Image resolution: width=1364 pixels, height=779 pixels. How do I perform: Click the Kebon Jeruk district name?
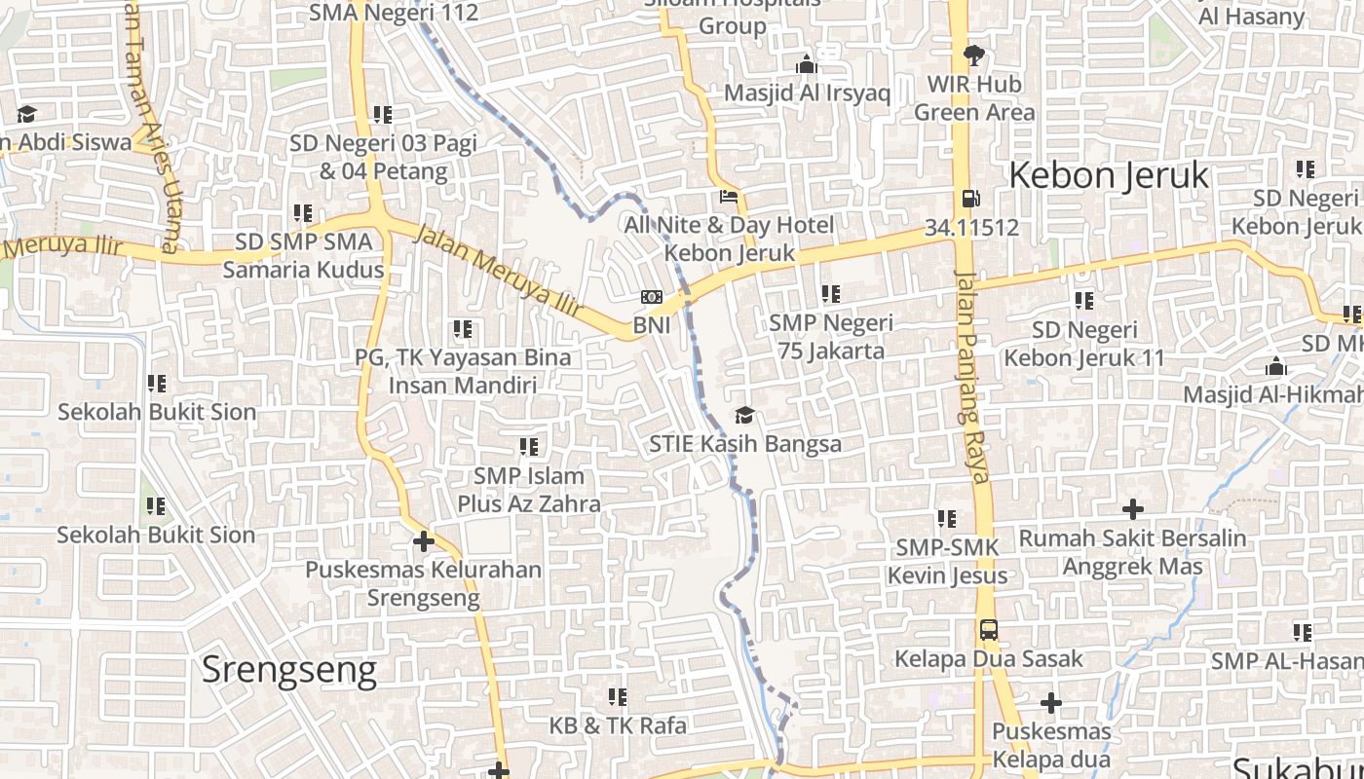[1108, 175]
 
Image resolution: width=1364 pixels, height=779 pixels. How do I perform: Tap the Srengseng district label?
[288, 670]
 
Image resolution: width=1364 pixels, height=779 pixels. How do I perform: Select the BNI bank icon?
[652, 297]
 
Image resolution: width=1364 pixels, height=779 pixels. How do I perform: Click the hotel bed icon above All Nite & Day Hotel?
[728, 197]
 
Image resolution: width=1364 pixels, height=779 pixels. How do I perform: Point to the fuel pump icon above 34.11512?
[970, 199]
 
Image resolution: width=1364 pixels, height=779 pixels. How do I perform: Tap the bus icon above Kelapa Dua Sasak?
[988, 630]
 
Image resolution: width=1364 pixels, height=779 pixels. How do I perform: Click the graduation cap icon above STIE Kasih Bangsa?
[744, 416]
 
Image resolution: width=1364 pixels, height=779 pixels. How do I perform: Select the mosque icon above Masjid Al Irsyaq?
[807, 65]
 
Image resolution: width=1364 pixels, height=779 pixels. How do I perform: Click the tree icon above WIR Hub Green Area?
[972, 55]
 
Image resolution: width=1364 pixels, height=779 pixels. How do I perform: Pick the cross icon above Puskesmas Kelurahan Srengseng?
[423, 541]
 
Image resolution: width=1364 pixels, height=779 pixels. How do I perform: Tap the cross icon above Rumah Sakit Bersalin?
[1132, 509]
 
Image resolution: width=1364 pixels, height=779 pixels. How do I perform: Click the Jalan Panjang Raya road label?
[971, 375]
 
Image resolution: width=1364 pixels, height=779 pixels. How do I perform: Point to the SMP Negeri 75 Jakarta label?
[831, 336]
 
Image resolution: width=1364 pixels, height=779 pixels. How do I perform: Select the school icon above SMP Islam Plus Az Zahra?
[529, 447]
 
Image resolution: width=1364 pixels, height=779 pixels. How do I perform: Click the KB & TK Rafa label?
[618, 725]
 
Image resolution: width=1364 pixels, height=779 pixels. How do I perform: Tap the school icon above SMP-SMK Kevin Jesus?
[947, 519]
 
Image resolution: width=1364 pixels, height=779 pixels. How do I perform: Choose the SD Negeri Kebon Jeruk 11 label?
[1083, 344]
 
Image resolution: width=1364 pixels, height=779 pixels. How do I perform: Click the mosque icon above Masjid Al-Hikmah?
[1275, 367]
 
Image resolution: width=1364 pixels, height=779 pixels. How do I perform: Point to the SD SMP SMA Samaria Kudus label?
[303, 255]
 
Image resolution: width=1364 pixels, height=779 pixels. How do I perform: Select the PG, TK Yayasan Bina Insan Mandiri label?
[463, 371]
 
